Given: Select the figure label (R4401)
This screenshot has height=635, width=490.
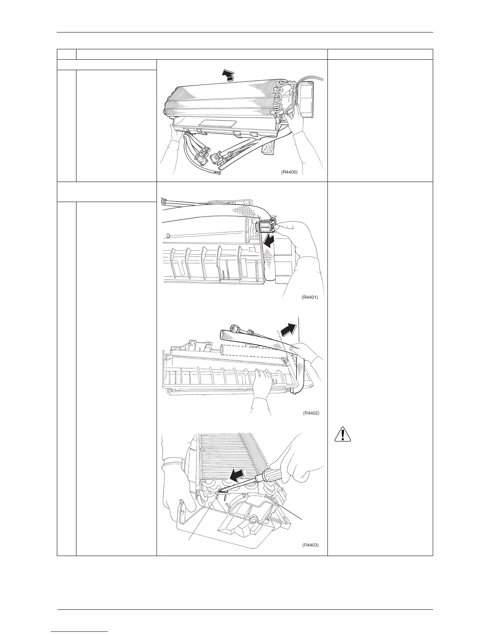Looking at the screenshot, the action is [x=309, y=297].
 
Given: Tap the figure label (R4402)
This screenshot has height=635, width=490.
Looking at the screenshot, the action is [x=311, y=413].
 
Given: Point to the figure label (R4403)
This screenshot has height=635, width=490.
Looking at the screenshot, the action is [x=310, y=545].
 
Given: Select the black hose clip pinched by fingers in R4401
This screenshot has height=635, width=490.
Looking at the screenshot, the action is [x=264, y=227].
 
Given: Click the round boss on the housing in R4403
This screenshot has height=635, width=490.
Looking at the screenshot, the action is [x=253, y=520].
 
